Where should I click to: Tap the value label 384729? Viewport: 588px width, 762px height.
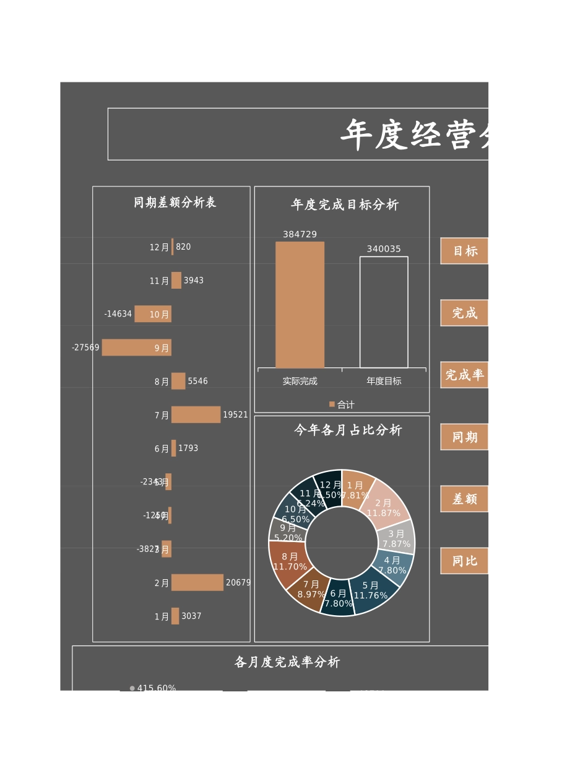(300, 234)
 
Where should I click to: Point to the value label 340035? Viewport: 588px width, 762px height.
(384, 249)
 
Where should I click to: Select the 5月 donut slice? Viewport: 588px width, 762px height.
(373, 592)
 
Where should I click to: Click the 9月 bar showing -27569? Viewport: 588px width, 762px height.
(136, 348)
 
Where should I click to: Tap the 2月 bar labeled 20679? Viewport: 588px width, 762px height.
(197, 582)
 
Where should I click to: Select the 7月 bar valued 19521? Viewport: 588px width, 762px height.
(196, 414)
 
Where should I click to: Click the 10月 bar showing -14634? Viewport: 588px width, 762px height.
(152, 314)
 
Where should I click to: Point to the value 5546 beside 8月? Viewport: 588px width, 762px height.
(198, 381)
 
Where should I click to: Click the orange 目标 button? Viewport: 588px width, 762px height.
(465, 251)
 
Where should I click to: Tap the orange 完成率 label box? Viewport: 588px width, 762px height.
(465, 375)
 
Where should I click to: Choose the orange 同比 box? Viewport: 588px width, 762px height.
(465, 561)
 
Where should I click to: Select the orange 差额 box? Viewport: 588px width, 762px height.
(465, 499)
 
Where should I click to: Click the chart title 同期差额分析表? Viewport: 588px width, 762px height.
(175, 203)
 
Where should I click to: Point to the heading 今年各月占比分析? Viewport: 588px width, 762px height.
(348, 430)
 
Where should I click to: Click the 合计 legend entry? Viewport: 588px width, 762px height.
(342, 405)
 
